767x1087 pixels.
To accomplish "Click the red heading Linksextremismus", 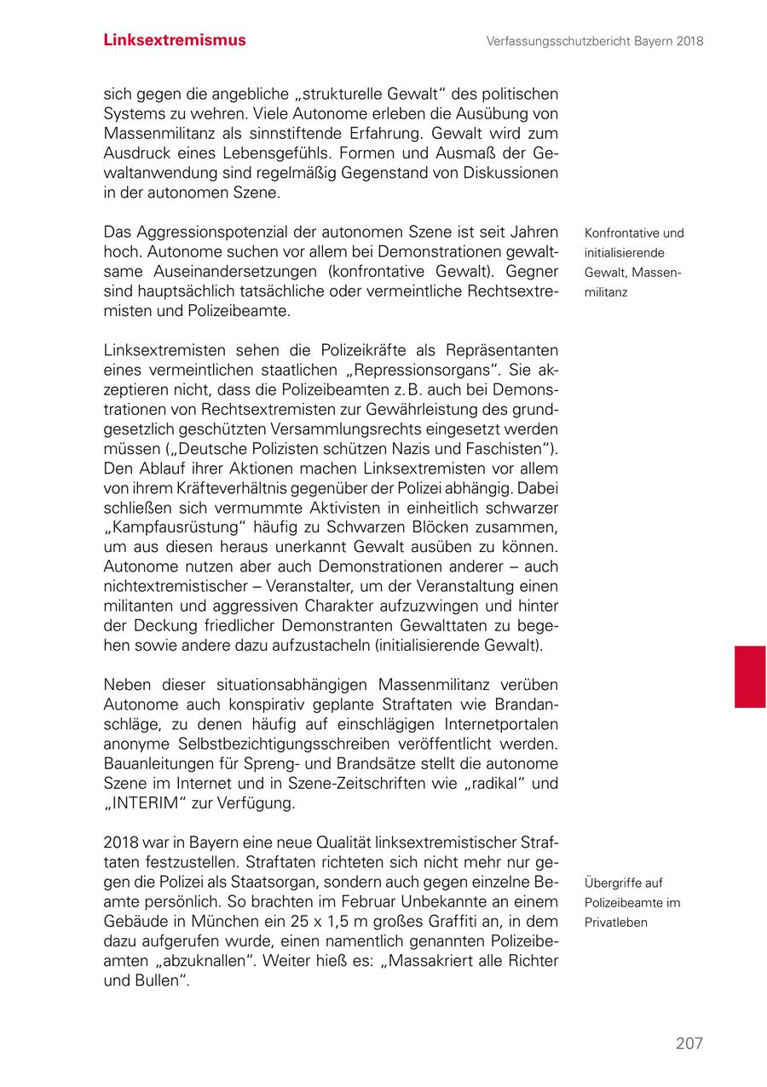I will coord(175,40).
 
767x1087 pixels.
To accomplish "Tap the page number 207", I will coord(689,1043).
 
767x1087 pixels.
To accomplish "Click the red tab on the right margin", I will coord(749,676).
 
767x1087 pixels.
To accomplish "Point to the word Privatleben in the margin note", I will coord(617,923).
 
